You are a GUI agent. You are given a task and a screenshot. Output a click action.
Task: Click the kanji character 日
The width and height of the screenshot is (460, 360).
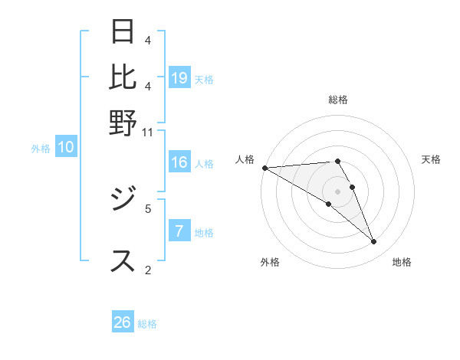pos(123,32)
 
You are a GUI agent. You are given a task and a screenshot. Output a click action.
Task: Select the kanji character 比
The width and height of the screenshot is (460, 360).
pos(123,77)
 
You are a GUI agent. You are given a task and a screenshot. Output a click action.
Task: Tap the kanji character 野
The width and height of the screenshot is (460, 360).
pos(123,123)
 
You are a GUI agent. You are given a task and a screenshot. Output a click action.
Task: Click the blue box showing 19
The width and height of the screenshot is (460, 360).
pos(179,78)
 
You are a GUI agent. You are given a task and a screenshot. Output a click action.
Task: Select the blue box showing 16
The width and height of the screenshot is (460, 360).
pos(179,162)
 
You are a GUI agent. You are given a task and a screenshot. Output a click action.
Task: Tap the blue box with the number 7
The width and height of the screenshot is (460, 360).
pos(179,231)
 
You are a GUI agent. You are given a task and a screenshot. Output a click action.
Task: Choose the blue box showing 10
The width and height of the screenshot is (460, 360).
pos(66,148)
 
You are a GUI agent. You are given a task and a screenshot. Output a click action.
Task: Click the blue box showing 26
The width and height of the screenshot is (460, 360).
pos(123,322)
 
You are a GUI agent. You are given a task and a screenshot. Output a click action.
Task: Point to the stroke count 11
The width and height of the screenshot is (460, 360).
pos(147,131)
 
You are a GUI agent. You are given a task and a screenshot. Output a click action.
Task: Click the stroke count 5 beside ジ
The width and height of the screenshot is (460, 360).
pos(148,208)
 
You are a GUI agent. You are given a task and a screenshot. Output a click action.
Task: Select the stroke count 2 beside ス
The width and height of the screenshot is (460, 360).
pos(148,269)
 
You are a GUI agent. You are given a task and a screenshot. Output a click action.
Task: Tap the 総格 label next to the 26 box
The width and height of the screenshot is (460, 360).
pos(147,324)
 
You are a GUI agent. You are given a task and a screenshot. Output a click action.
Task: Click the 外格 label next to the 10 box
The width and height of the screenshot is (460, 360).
pos(41,149)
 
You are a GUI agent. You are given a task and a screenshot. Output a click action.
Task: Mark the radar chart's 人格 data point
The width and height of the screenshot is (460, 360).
pos(264,168)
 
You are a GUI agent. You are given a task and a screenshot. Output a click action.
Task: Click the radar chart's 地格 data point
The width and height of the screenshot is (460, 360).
pos(374,242)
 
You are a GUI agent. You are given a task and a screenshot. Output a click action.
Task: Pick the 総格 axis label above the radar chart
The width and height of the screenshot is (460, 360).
pos(338,100)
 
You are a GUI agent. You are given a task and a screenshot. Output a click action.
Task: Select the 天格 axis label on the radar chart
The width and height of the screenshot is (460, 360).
pos(431,159)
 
